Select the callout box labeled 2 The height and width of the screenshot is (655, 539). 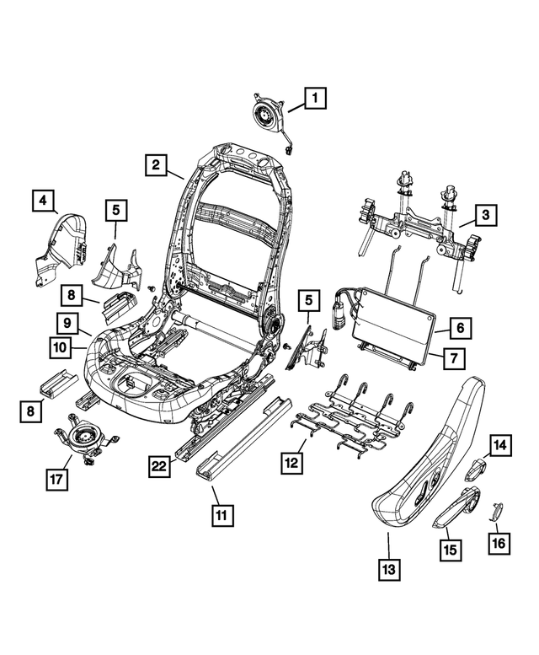pos(156,165)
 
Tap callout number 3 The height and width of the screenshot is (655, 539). pos(484,216)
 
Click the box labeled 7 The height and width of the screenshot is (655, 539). pos(452,359)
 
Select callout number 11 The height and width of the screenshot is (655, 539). pos(221,513)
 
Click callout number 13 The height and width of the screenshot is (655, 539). pos(388,571)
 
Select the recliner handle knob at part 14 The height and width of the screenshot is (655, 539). pos(478,465)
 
